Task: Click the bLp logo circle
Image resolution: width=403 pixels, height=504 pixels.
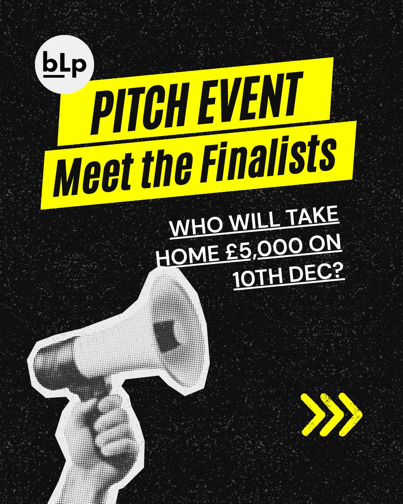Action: [x=64, y=65]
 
